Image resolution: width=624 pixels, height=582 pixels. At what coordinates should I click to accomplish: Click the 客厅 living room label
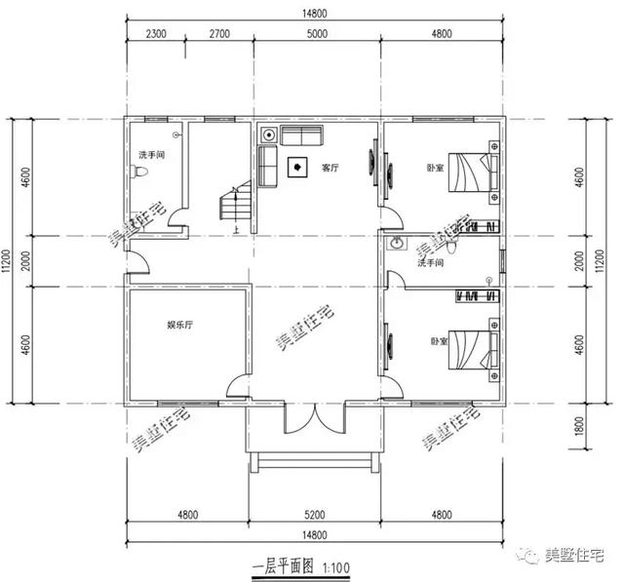(330, 168)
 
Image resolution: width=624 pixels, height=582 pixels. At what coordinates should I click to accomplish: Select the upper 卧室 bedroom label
(436, 168)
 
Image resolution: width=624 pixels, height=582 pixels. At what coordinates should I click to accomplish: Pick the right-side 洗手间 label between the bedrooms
(430, 263)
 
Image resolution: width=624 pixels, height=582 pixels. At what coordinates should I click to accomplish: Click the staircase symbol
(235, 206)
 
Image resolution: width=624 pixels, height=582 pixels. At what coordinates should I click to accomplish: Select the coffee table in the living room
(294, 168)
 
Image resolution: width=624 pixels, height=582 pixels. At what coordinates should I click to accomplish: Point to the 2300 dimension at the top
(156, 33)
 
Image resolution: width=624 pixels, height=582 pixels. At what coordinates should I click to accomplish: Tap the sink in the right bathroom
(397, 244)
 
